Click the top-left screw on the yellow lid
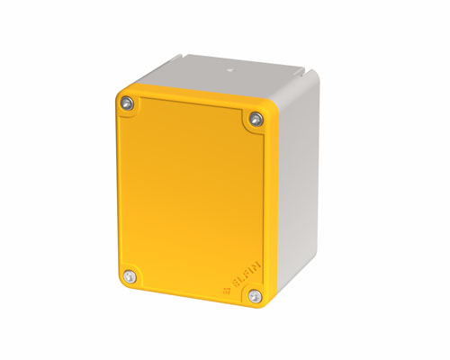click(128, 104)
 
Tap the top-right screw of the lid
click(256, 118)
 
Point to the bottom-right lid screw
click(255, 295)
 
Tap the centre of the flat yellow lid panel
click(192, 198)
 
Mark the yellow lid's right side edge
click(270, 207)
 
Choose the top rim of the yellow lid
click(193, 94)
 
